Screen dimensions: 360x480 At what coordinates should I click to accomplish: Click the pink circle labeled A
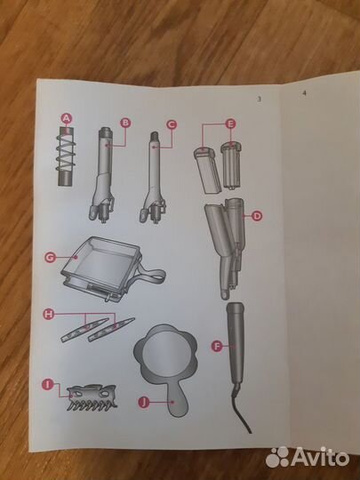67,118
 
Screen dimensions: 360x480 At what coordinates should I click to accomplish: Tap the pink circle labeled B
125,123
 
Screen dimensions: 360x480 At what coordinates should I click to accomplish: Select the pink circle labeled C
172,124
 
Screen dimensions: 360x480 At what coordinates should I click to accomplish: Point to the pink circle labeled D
257,216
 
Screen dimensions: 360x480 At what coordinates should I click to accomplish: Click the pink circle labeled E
230,124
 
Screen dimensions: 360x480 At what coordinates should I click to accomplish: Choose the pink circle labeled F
217,347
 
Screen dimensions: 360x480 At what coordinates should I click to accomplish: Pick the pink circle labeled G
50,257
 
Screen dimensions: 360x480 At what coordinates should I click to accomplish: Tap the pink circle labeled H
48,314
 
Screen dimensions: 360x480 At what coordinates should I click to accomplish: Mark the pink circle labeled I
47,384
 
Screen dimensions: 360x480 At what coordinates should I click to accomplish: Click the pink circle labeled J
144,402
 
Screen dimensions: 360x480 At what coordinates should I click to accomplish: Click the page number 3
260,100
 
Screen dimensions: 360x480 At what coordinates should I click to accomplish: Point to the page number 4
304,93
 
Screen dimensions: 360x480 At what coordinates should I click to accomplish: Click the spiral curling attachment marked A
66,156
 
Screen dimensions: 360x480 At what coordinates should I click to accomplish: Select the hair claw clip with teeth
92,397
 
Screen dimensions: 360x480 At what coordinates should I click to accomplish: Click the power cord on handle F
242,409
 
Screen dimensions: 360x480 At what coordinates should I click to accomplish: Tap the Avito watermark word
320,458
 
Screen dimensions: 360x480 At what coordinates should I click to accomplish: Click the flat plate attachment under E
207,171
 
